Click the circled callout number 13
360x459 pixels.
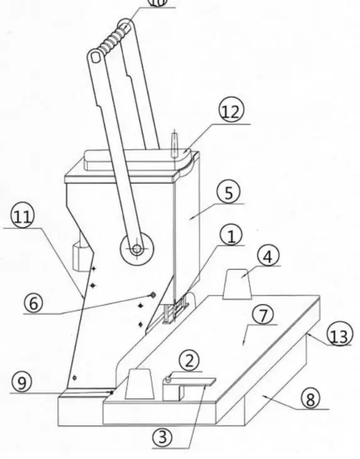coord(339,337)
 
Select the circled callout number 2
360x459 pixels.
coord(190,361)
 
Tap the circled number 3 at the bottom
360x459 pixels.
coord(163,438)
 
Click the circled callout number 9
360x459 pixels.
coord(21,384)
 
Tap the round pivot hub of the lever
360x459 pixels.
coord(135,248)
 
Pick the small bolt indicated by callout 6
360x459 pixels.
coord(151,295)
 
